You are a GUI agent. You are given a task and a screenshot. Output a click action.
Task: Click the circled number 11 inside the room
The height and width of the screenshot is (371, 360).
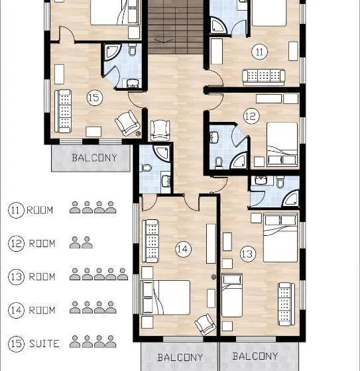click(260, 52)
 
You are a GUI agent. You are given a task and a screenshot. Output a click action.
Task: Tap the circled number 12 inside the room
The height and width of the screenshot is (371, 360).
click(251, 116)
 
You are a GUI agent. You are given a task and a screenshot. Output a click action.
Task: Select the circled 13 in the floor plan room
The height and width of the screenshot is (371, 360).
click(248, 254)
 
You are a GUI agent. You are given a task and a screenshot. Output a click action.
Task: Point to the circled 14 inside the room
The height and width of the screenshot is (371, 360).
click(184, 249)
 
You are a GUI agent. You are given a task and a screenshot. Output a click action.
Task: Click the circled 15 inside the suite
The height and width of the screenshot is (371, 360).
click(95, 97)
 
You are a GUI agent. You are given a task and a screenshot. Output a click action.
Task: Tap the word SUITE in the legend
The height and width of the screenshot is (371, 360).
click(44, 344)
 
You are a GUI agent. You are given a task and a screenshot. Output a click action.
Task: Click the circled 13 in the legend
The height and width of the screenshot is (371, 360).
click(16, 277)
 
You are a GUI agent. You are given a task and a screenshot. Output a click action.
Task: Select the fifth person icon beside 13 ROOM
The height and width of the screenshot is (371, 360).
click(123, 274)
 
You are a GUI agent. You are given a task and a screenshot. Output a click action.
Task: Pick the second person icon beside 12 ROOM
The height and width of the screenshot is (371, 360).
click(87, 242)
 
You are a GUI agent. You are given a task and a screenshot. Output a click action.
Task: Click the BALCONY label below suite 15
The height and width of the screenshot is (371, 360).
click(95, 158)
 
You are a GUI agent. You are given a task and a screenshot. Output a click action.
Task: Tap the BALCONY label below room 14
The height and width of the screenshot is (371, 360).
click(180, 357)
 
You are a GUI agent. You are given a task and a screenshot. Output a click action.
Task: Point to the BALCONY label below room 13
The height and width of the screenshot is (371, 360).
click(255, 356)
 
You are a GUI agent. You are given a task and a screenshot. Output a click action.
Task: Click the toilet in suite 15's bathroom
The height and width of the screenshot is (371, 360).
click(132, 50)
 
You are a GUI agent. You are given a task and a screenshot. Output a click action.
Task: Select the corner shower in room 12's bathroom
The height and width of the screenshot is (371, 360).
click(239, 160)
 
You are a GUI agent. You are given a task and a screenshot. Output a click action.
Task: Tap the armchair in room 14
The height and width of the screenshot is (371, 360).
click(205, 324)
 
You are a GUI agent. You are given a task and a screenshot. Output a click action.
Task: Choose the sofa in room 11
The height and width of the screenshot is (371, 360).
click(264, 78)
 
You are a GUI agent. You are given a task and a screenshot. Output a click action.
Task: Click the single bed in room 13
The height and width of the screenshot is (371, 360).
click(232, 295)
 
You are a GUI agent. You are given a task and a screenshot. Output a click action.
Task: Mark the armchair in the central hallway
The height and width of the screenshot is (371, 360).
click(160, 131)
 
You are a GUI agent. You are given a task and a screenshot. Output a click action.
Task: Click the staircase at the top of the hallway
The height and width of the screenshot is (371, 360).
click(176, 26)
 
